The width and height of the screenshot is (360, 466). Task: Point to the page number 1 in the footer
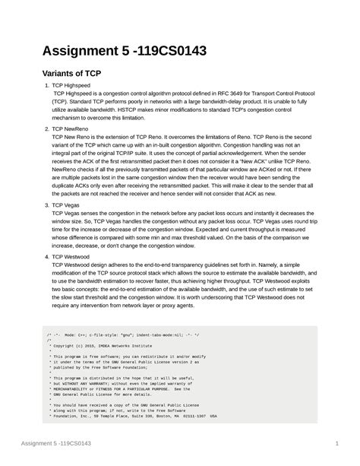335,444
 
